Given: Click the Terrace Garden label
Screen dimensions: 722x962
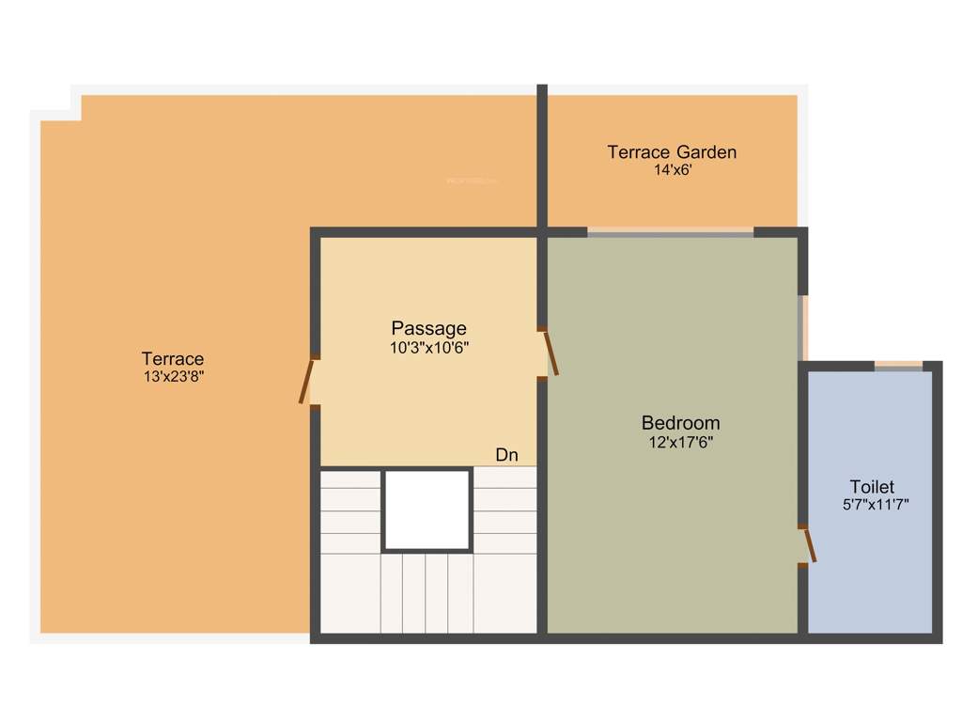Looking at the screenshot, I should pos(671,151).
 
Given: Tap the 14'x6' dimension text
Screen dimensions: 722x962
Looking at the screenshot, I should pos(673,170).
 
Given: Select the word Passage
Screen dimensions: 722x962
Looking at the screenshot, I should pos(428,328).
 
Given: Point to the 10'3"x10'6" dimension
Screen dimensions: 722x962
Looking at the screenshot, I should pos(428,347).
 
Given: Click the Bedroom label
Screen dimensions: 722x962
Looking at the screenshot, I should pos(680,423).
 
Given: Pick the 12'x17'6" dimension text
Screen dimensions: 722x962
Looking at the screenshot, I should pos(680,442).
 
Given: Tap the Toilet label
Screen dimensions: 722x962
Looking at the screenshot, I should pos(872,487).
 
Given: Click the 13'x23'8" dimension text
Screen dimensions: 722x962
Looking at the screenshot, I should pos(173,377).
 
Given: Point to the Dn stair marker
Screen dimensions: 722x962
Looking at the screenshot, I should pos(506,455).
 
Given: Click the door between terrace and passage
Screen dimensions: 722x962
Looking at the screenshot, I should pos(306,382).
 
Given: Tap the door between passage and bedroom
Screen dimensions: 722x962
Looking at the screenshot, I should pos(551,353).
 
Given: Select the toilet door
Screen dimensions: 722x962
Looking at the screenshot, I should pos(808,545).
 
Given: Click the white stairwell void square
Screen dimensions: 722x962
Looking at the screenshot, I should pos(427,510).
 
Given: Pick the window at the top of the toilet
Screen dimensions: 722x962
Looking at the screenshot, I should pos(899,367).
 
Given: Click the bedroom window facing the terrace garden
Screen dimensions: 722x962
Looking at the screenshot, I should pos(671,231).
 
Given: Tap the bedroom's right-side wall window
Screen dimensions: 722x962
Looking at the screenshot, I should pos(801,327).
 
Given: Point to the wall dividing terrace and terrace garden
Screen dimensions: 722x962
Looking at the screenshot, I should pos(542,155).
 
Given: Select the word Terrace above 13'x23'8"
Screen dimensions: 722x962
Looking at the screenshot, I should pos(173,359).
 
